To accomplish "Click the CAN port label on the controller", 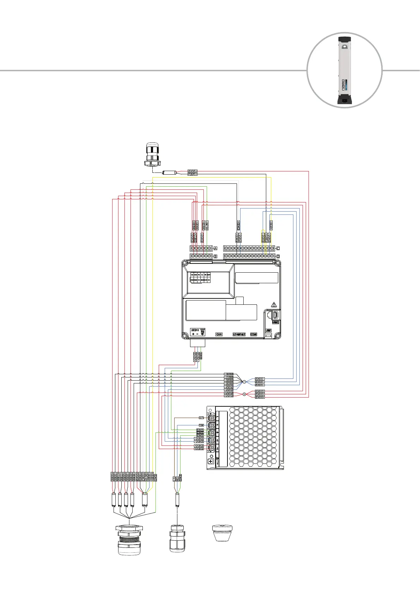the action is (219, 334).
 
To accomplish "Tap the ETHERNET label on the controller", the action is (239, 334).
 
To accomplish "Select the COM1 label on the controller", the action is (254, 334).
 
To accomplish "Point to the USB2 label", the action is (276, 322).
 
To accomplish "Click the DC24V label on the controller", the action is (195, 330).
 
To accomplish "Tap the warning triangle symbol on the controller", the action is (274, 305).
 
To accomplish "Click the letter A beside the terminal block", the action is (215, 248).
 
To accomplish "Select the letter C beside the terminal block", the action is (278, 248).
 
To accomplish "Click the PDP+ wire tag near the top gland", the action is (193, 174).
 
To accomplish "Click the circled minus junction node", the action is (244, 382).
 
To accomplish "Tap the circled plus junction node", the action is (244, 394).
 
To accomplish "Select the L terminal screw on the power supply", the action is (212, 418).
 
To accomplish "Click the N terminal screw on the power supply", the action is (212, 425).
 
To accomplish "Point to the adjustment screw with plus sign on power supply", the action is (211, 461).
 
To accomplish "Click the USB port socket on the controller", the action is (276, 315).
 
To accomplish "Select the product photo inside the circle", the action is (345, 70).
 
